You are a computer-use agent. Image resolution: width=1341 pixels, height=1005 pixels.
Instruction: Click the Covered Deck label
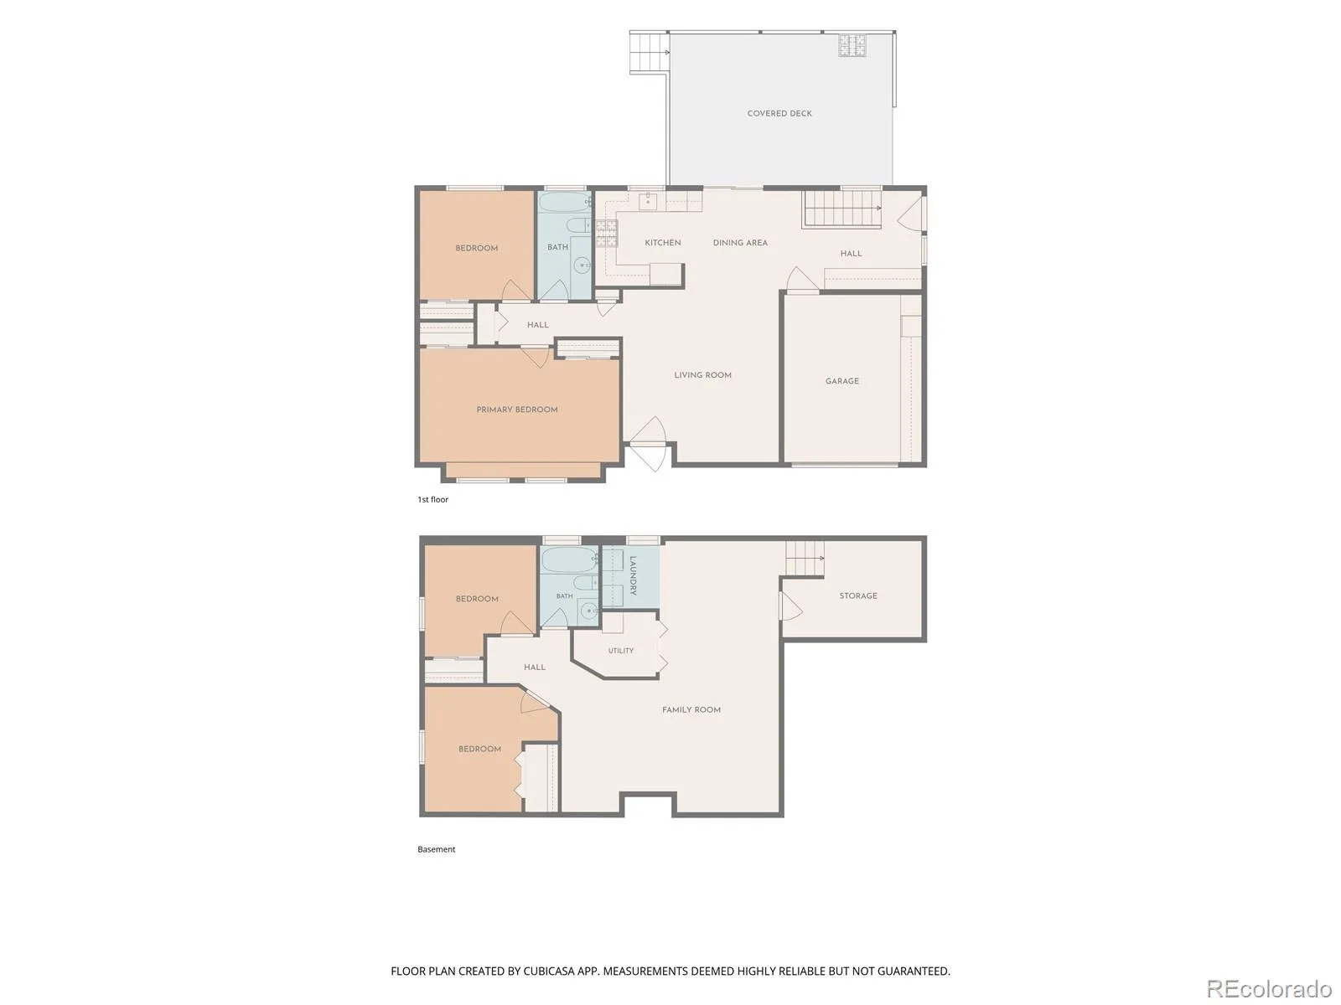(779, 114)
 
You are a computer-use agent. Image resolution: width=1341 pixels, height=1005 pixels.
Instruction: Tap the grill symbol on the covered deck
(852, 45)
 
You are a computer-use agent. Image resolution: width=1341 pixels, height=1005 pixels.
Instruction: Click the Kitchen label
(662, 243)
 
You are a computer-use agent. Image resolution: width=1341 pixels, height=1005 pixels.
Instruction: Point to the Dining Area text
(740, 243)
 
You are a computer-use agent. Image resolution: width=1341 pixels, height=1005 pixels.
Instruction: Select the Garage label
(841, 381)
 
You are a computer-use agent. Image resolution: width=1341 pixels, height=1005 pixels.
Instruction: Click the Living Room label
(702, 375)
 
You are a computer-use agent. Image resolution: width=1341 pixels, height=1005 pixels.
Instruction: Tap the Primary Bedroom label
(517, 410)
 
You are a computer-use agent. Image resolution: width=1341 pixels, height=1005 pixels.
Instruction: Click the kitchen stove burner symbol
(606, 233)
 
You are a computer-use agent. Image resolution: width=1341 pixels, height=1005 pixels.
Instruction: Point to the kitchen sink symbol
(648, 201)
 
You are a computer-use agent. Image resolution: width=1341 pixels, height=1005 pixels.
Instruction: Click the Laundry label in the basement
(633, 575)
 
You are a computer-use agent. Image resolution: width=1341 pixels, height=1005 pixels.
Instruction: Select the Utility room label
(621, 651)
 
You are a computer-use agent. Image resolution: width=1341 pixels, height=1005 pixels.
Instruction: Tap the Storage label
(857, 595)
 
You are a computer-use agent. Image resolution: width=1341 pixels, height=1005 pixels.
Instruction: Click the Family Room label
(691, 709)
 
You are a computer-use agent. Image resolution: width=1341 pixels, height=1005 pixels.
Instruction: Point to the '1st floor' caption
(432, 499)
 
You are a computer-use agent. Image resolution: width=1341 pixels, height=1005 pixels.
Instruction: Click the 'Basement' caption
(436, 848)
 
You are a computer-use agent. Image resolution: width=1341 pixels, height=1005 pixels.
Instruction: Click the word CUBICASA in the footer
(549, 971)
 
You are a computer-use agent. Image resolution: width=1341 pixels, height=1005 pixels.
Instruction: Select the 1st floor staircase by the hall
(841, 209)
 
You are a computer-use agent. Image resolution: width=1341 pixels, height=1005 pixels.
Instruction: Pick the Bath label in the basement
(565, 595)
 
